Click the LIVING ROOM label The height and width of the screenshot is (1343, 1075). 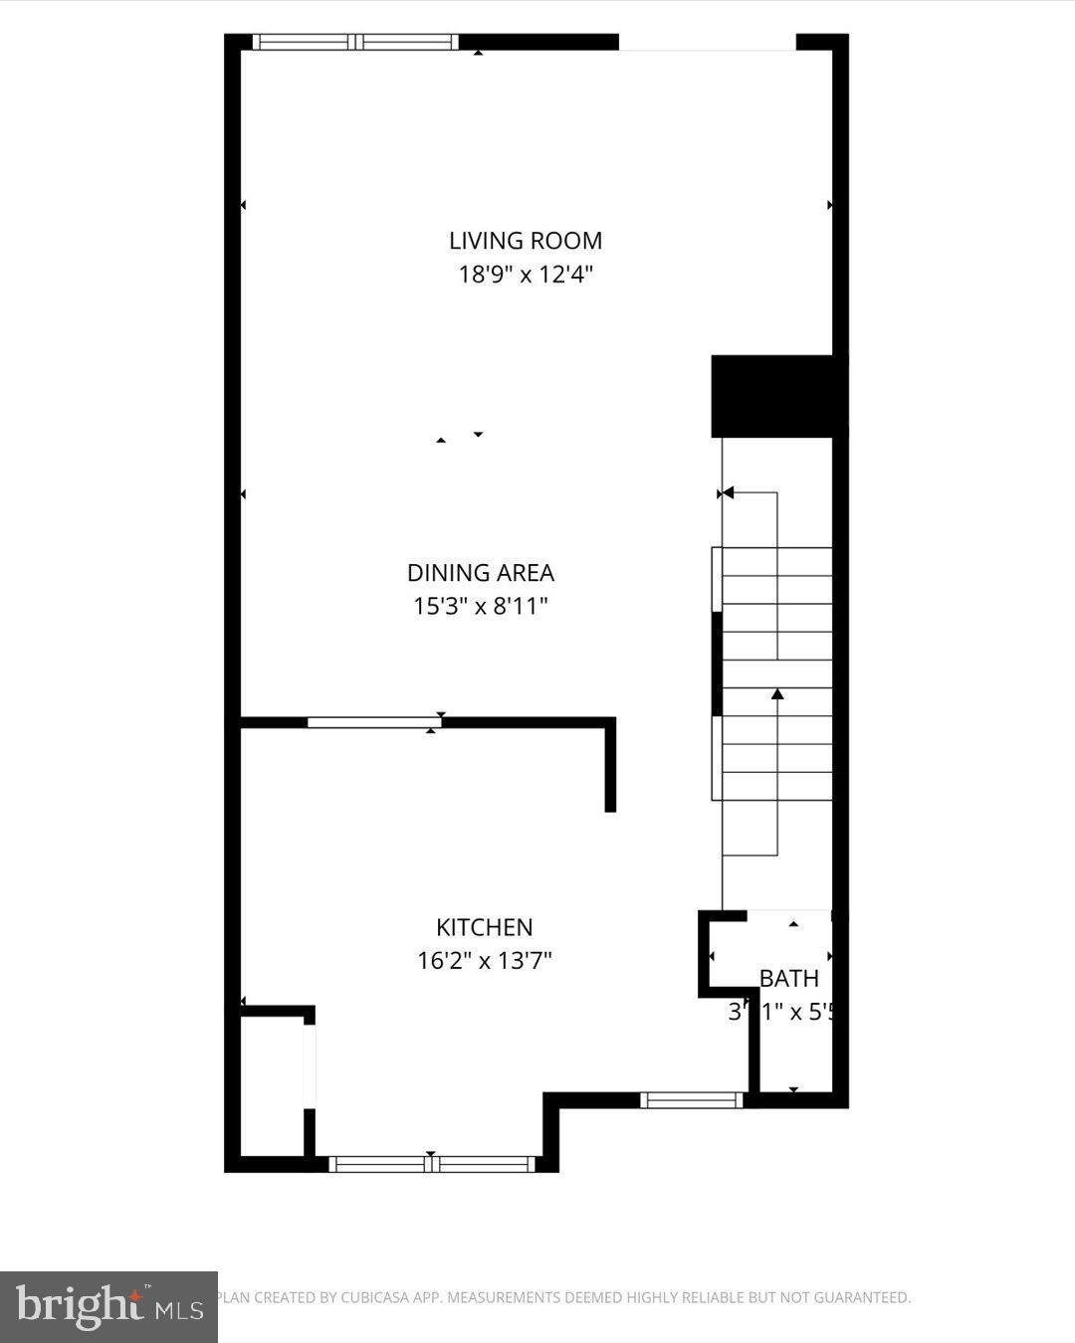pos(526,241)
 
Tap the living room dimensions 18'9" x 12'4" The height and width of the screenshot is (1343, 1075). pos(526,274)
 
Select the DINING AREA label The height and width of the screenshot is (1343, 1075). pos(481,573)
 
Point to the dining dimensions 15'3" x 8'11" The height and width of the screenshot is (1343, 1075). pos(481,606)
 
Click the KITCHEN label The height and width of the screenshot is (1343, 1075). pos(485,927)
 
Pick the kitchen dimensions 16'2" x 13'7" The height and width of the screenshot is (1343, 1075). pos(485,961)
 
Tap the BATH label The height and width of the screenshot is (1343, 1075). pos(789,979)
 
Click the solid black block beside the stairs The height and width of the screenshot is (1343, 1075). pos(779,396)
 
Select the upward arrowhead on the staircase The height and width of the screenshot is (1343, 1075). pos(777,693)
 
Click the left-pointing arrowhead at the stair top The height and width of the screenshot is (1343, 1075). pos(728,492)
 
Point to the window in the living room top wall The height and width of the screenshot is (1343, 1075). pos(355,42)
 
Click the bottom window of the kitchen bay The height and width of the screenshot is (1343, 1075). pos(432,1164)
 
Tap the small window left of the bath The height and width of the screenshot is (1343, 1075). pos(692,1100)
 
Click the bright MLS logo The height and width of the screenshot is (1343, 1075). pos(108,1306)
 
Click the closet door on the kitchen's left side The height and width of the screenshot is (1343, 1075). pos(310,1064)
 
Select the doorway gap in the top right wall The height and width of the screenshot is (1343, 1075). pos(708,42)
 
